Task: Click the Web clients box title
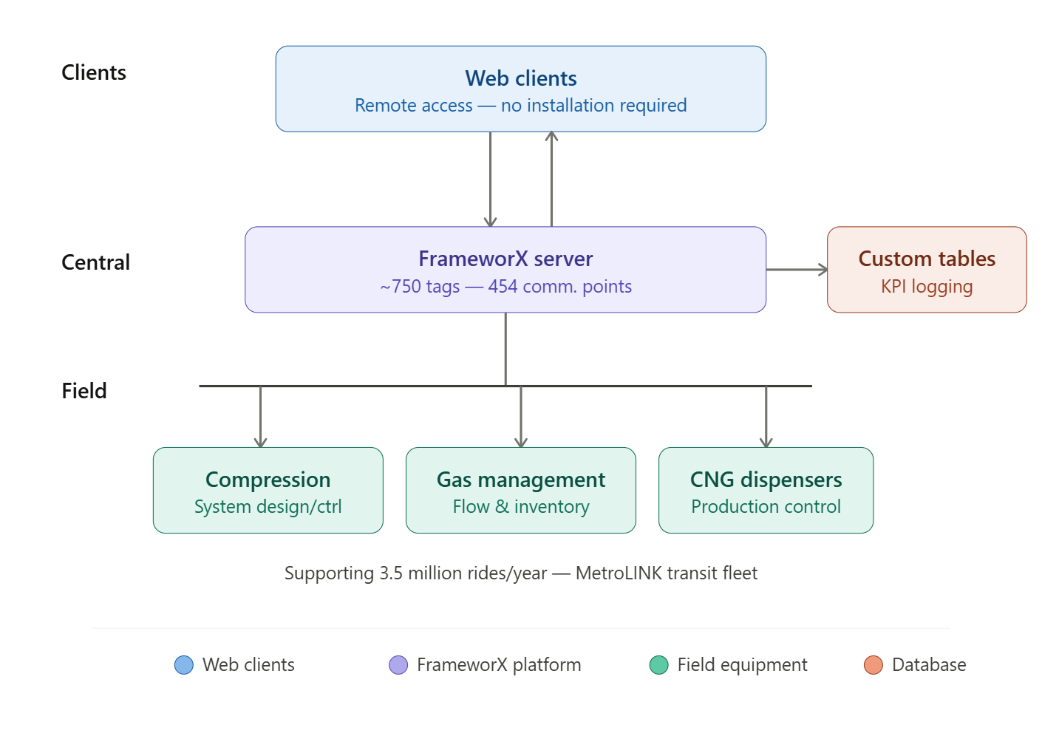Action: [x=521, y=78]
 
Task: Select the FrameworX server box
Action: [x=505, y=270]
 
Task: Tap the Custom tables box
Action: [x=927, y=270]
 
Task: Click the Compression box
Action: [x=268, y=490]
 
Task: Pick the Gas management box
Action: [x=521, y=490]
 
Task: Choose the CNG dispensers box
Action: [x=766, y=490]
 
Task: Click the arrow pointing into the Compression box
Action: [x=260, y=417]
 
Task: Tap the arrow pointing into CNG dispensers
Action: [x=766, y=417]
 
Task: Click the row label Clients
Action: [x=94, y=72]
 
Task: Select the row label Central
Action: [x=95, y=262]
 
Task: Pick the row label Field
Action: [x=84, y=391]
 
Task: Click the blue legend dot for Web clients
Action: [x=183, y=665]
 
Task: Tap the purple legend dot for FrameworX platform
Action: [x=398, y=665]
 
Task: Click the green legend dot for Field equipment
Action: [x=658, y=665]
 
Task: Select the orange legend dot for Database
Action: [x=874, y=665]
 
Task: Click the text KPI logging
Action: [x=927, y=287]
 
